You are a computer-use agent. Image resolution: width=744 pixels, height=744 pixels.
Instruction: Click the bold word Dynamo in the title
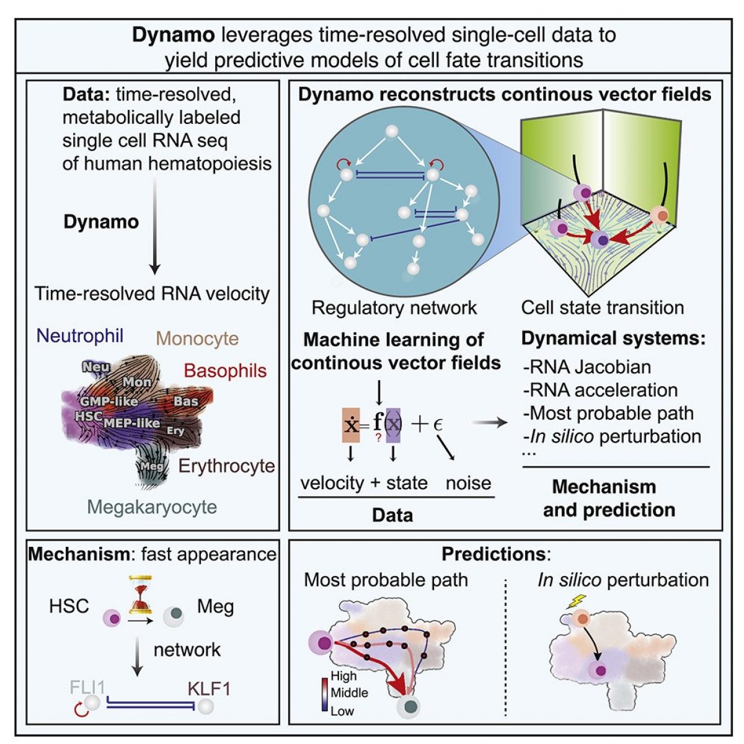tap(173, 35)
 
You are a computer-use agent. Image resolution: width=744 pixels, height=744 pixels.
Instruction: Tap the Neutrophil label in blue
tap(80, 335)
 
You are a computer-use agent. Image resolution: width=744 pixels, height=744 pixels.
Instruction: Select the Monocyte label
tap(197, 339)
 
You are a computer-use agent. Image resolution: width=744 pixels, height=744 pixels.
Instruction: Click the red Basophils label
tap(225, 371)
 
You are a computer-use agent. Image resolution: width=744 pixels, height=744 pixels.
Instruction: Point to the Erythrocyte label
tap(227, 466)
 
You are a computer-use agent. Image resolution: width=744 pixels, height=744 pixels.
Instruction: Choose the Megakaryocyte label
tap(152, 507)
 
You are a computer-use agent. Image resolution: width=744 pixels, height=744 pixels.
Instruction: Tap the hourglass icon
tap(141, 594)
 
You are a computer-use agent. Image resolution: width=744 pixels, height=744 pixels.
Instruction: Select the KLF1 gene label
tap(208, 688)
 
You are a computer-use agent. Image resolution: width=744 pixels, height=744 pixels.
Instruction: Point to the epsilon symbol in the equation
tap(437, 425)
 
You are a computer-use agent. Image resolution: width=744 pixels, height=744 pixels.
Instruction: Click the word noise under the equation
tap(468, 483)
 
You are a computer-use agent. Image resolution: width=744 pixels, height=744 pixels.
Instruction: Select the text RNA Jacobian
tap(587, 366)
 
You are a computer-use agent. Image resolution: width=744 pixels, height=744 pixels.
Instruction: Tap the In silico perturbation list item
tap(612, 436)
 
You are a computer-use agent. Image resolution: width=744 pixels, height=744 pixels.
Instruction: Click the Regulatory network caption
tap(394, 307)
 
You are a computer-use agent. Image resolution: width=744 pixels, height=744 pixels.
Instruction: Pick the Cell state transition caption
tap(603, 307)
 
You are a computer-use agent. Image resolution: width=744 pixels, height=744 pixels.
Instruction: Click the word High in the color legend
tap(343, 676)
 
